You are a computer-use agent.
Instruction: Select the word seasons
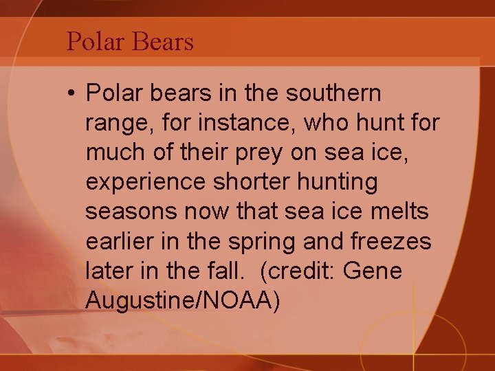131,212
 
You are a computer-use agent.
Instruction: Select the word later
107,271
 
